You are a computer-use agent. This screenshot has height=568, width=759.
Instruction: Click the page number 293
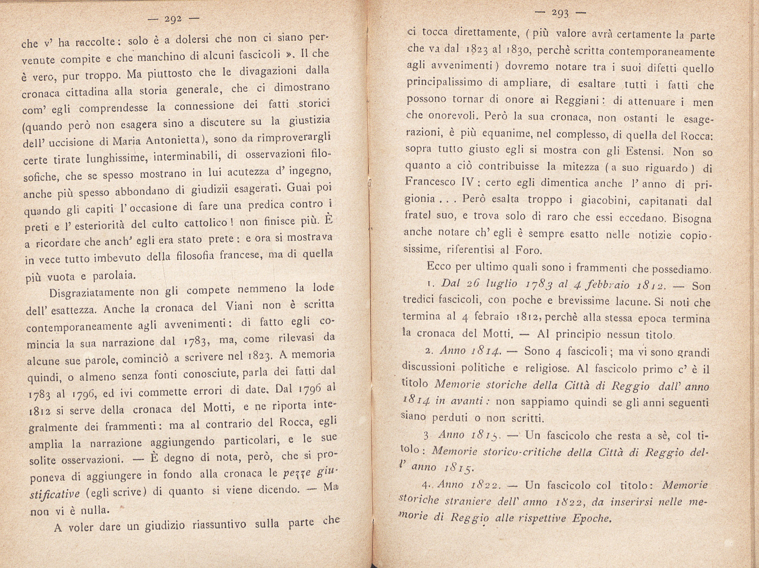[560, 14]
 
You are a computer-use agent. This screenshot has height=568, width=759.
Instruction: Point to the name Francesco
[430, 182]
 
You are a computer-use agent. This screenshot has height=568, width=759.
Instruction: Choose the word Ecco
[439, 266]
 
